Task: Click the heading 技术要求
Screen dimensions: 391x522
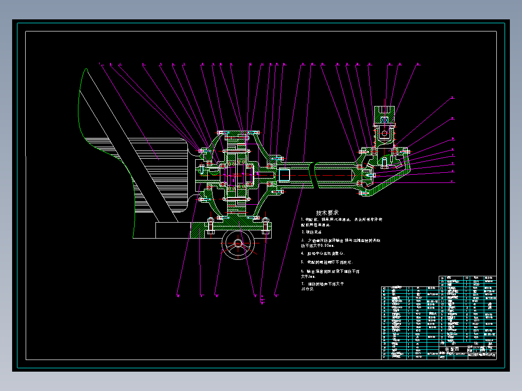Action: pos(327,212)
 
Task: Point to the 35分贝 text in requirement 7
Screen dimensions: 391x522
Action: pos(308,289)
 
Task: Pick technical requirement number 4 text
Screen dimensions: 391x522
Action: pos(326,253)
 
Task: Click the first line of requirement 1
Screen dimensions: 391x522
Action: pos(341,220)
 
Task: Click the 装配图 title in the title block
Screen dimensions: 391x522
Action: pos(452,349)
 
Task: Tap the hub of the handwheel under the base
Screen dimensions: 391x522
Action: pos(238,243)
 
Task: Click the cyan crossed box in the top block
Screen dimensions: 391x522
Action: pos(385,120)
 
